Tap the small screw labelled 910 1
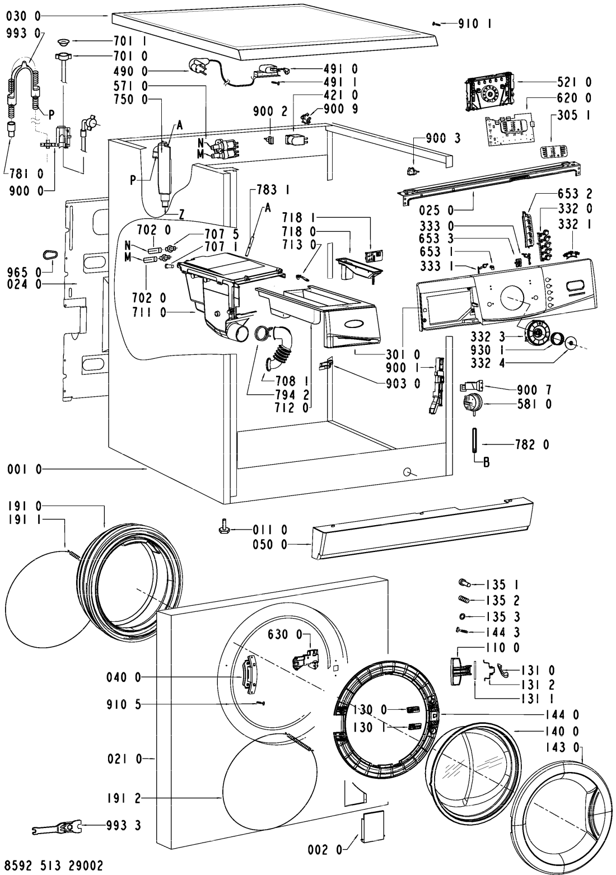[437, 24]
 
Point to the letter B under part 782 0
[487, 462]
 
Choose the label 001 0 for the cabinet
[24, 469]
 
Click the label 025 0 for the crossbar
[437, 211]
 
